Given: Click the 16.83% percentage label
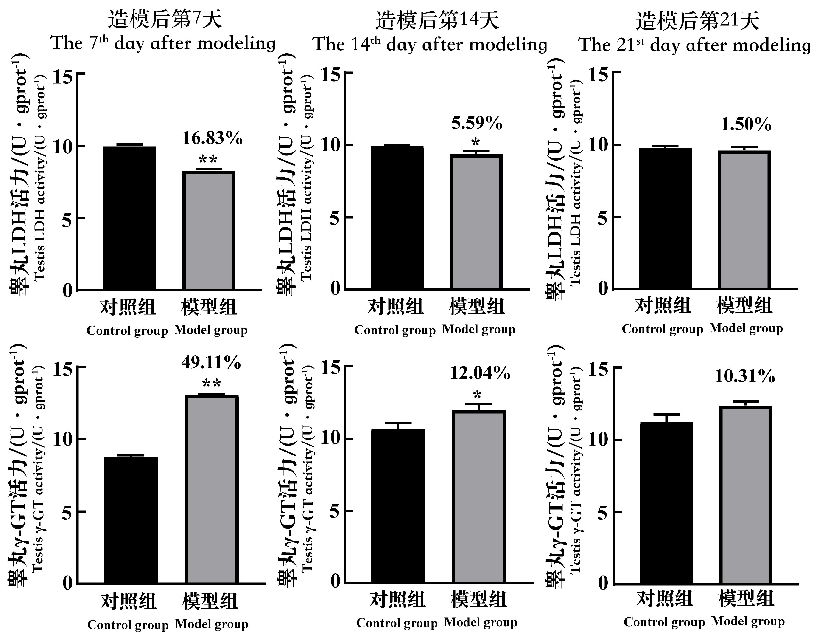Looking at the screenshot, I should (x=212, y=138).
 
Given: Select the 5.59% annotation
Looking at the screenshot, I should (x=477, y=123).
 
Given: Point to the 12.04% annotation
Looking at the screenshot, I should (x=480, y=373).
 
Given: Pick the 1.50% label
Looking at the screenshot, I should (x=746, y=124).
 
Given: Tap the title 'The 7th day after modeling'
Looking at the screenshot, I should (x=163, y=43).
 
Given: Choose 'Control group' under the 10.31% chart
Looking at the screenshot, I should (x=664, y=622).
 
